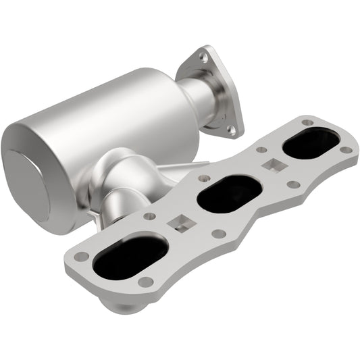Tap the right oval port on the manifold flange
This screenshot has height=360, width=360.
click(x=311, y=143)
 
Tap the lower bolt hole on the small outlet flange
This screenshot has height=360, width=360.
click(x=232, y=128)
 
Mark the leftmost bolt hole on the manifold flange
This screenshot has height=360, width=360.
click(x=81, y=257)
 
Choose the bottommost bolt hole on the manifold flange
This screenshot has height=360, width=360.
click(x=145, y=282)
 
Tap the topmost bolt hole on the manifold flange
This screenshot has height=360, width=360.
click(x=307, y=122)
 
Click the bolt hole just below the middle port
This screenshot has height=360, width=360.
click(x=219, y=234)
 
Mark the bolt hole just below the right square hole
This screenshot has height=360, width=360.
click(x=293, y=184)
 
